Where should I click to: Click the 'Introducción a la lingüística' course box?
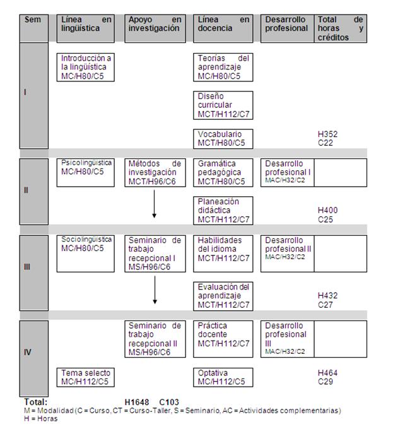point(86,67)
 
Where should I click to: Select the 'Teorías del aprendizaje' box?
point(223,67)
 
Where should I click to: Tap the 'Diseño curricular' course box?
point(223,105)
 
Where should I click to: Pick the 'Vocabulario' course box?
point(223,139)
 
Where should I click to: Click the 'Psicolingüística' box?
point(86,173)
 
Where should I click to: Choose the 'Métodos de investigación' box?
point(155,173)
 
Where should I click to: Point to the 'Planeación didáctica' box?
point(223,211)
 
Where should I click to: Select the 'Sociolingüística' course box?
point(86,254)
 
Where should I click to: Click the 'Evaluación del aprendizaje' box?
point(223,296)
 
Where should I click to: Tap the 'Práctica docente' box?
point(223,339)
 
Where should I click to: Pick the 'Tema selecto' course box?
point(86,377)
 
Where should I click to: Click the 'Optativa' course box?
point(223,377)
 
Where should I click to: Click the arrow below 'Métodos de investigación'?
point(154,204)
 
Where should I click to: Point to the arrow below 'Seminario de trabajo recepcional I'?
point(155,290)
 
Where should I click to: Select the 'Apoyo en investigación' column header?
point(155,28)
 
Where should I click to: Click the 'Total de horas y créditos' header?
point(341,28)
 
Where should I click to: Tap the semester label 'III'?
point(27,267)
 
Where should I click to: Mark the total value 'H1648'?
point(137,402)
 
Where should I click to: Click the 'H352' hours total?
point(327,134)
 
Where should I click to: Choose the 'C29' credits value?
point(326,382)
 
